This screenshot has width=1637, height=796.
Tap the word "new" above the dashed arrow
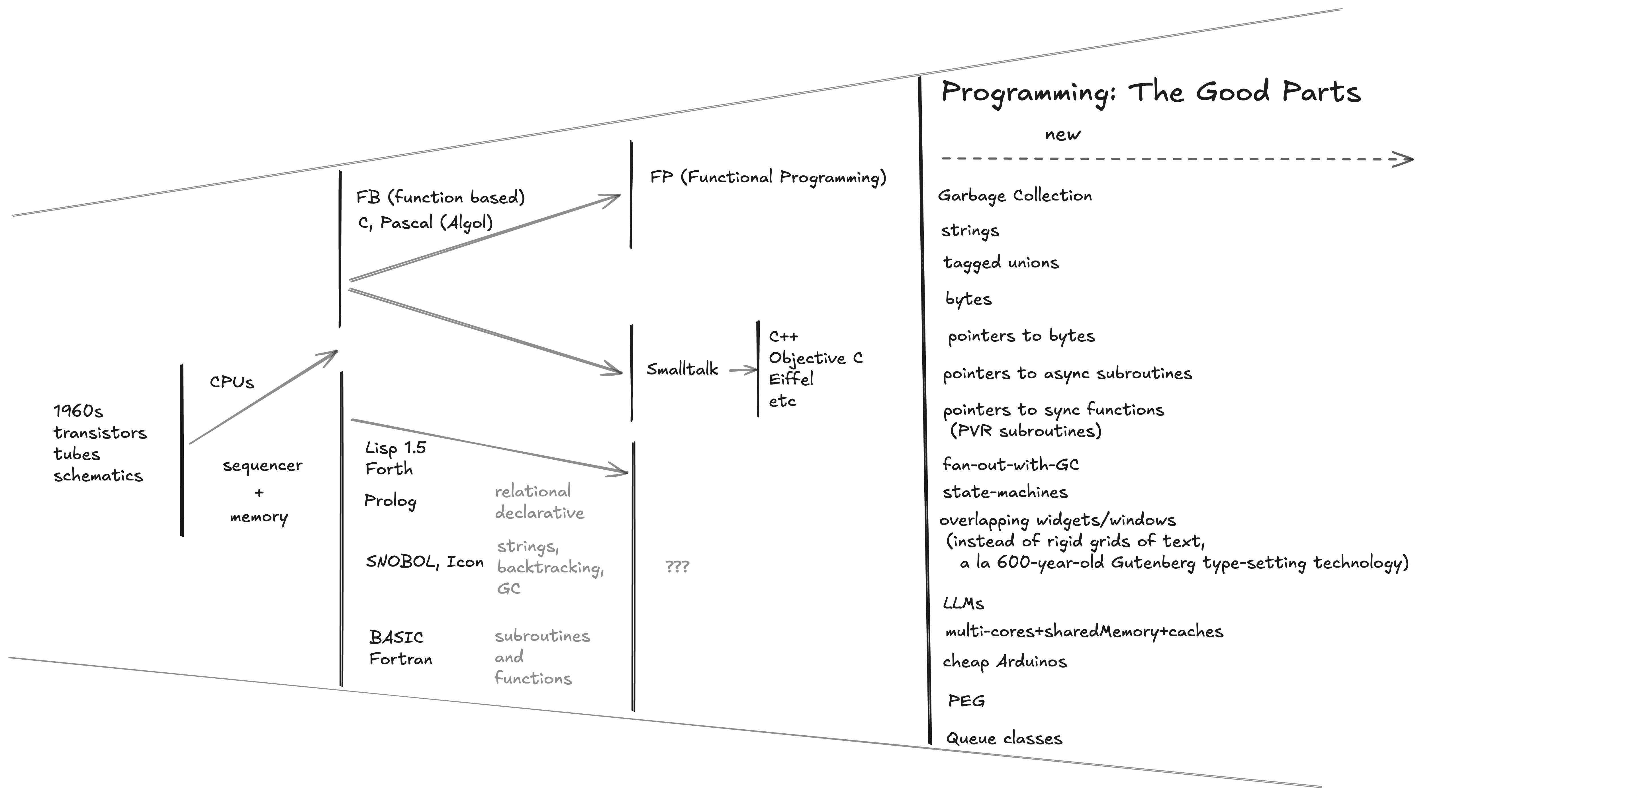1062,135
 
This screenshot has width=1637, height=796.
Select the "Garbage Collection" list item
1015,196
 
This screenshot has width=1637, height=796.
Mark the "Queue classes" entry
1004,738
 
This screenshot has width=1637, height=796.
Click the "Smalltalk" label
682,369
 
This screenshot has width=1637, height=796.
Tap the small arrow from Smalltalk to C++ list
742,370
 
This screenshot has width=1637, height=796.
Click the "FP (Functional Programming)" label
768,177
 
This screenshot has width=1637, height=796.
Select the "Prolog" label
390,501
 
